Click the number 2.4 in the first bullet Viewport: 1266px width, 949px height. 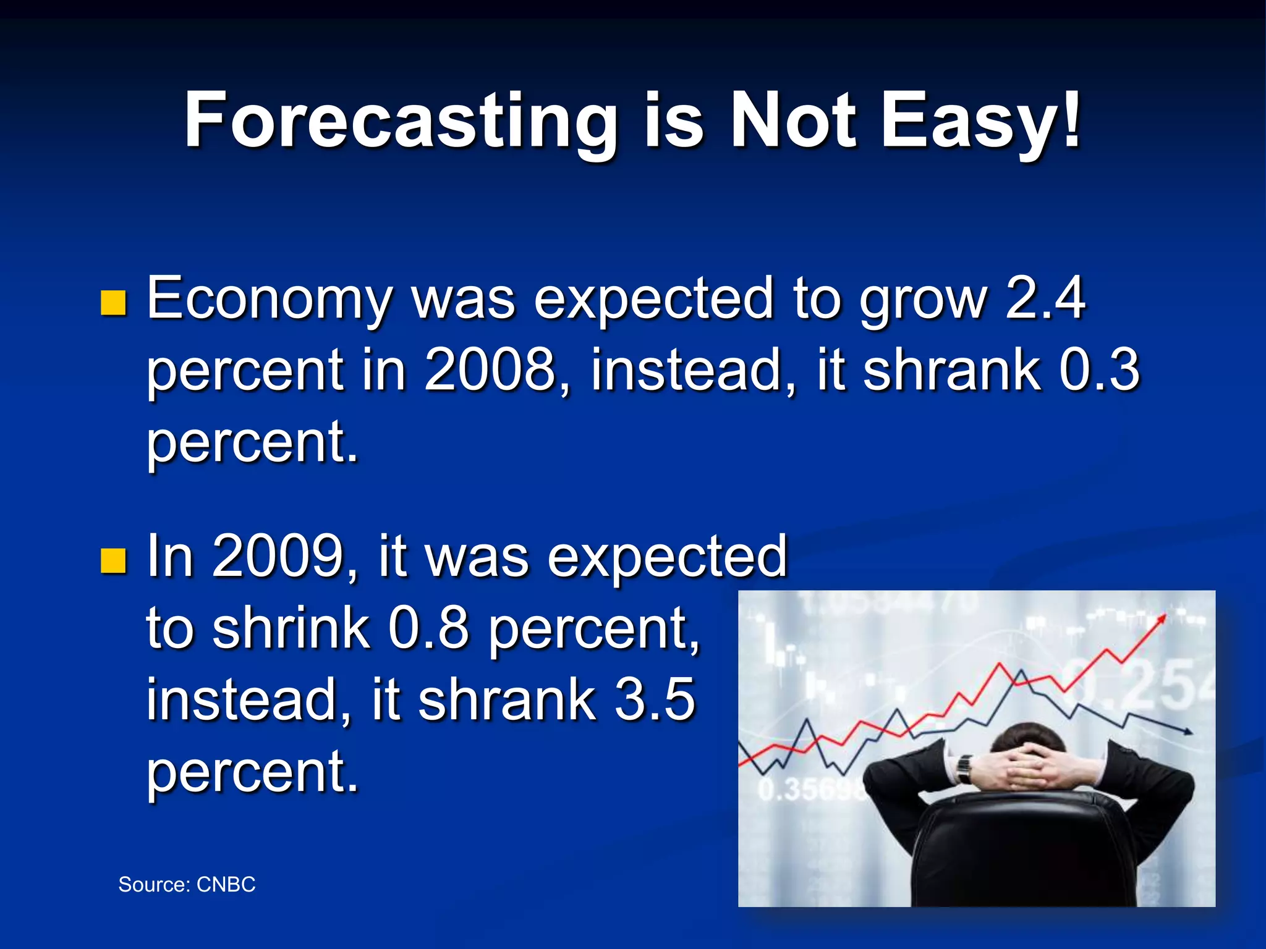(1045, 298)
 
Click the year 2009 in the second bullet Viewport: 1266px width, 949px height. (278, 556)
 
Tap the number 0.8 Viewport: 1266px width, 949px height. (428, 628)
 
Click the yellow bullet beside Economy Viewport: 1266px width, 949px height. (113, 303)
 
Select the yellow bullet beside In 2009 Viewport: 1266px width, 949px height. (113, 560)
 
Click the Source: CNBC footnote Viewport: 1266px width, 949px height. (187, 885)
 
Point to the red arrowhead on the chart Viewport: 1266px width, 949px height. (1162, 618)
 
